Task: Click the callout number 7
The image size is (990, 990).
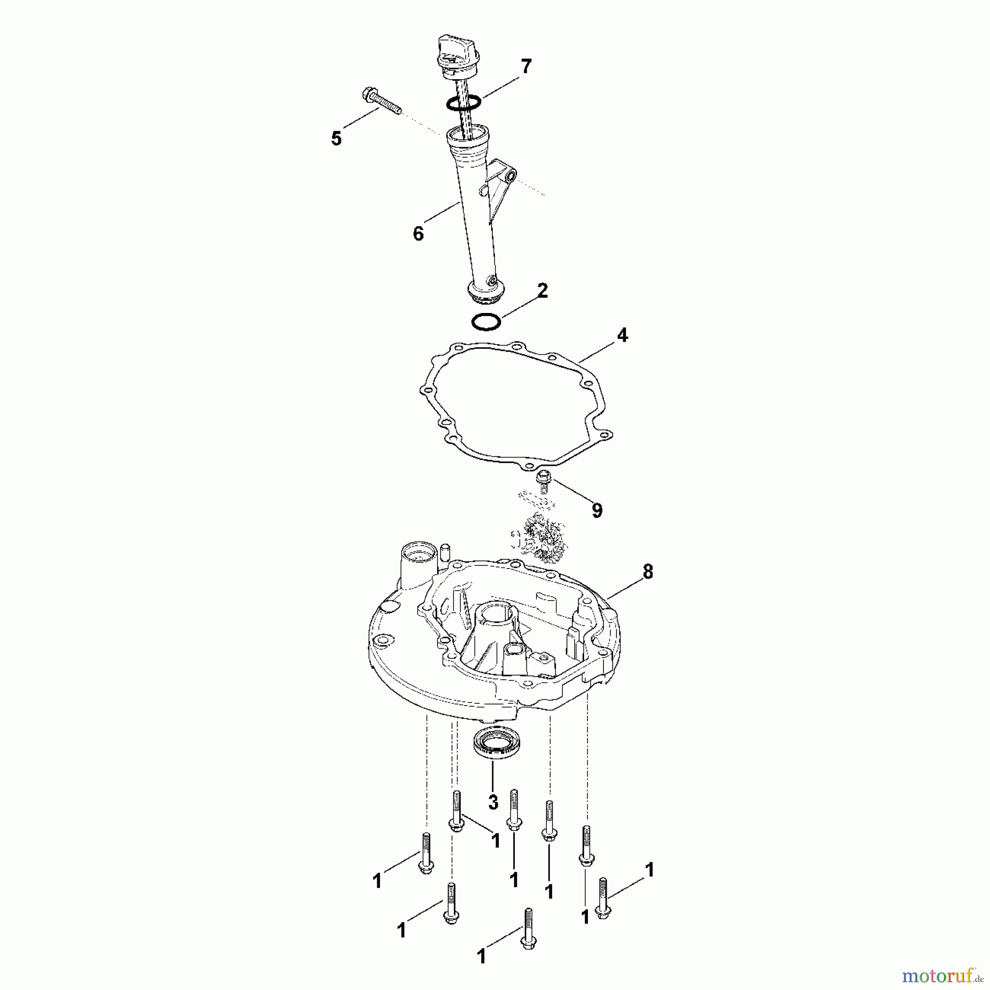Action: pyautogui.click(x=526, y=67)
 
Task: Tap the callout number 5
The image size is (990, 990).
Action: pyautogui.click(x=336, y=138)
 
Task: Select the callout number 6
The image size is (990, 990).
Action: pyautogui.click(x=418, y=234)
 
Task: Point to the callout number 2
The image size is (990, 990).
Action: pyautogui.click(x=542, y=290)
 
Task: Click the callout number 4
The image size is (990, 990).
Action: pyautogui.click(x=622, y=335)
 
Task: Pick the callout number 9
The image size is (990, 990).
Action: pyautogui.click(x=597, y=510)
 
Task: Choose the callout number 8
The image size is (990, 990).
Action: pyautogui.click(x=648, y=572)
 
